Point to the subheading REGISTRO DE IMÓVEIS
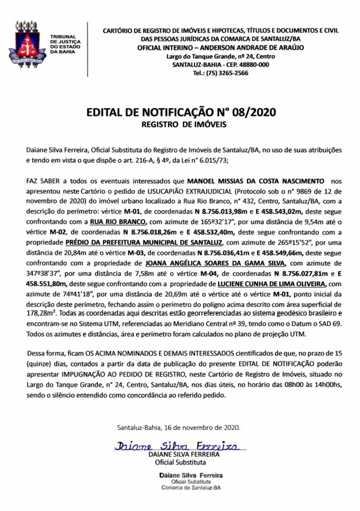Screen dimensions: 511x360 (180, 124)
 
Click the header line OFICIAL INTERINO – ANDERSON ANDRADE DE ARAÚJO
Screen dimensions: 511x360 (221, 47)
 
